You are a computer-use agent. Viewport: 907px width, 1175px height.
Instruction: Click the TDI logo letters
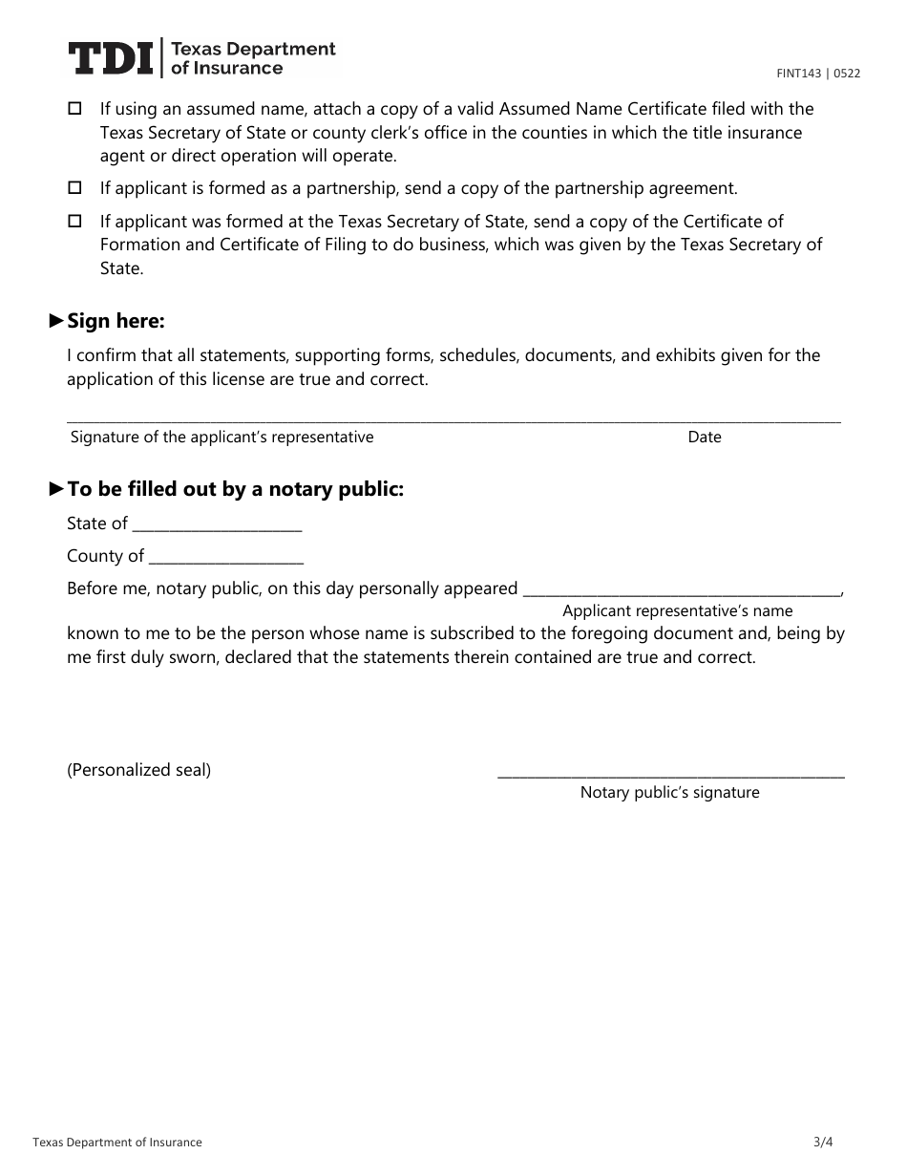coord(110,58)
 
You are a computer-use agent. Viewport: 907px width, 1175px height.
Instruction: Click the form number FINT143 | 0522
coord(817,74)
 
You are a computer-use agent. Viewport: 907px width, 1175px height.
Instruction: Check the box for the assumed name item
coord(75,109)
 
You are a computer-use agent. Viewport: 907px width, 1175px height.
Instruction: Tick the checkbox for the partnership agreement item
coord(75,188)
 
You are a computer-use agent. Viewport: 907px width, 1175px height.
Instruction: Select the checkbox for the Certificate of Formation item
coord(75,221)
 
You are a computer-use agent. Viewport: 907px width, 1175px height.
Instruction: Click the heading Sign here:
coord(116,321)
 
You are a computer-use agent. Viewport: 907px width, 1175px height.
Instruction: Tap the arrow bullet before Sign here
coord(56,321)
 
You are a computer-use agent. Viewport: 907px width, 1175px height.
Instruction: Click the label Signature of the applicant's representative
coord(221,437)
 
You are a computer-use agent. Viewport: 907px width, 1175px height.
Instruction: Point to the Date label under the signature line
coord(705,437)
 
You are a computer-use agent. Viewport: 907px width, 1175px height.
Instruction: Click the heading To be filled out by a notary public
coord(235,489)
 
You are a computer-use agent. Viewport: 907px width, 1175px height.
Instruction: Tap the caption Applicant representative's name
coord(677,610)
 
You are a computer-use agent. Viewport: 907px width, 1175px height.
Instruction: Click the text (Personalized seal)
coord(139,770)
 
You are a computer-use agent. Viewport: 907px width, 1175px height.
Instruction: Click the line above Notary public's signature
coord(671,775)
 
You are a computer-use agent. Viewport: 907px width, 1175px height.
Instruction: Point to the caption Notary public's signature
coord(669,792)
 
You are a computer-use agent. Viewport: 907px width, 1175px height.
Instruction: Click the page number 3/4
coord(823,1142)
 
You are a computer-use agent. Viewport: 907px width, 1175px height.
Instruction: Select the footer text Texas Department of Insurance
coord(117,1143)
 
